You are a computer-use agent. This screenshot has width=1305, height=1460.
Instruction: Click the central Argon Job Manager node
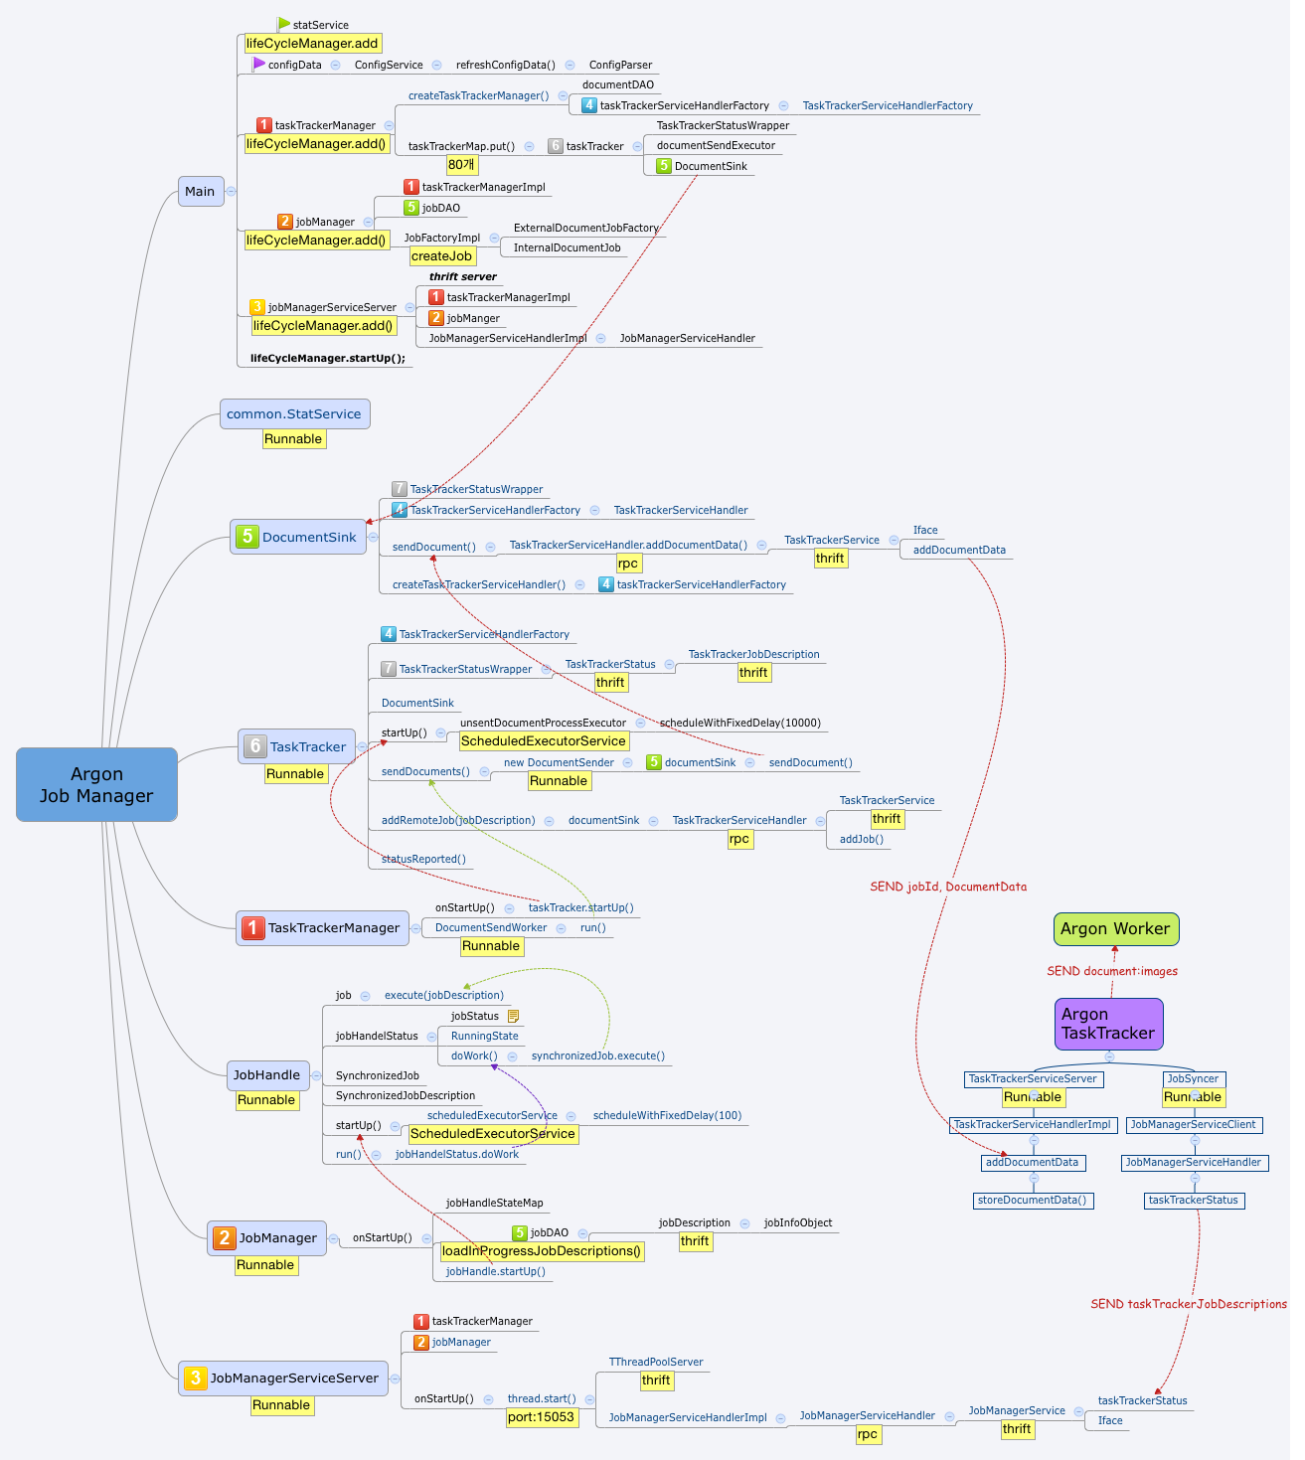(x=96, y=784)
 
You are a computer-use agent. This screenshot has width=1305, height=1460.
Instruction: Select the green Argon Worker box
(x=1115, y=928)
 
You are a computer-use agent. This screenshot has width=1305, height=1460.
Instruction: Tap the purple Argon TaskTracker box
(x=1108, y=1024)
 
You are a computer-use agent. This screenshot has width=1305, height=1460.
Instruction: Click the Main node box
(x=200, y=191)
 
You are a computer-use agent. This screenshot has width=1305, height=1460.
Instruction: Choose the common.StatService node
(x=294, y=413)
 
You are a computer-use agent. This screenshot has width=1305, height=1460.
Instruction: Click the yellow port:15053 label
(x=541, y=1417)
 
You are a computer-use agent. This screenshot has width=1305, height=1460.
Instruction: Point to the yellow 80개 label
(x=461, y=165)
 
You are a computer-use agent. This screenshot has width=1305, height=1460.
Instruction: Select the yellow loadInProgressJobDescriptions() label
(x=542, y=1251)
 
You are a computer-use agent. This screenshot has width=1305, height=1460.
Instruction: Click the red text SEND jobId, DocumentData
(x=948, y=887)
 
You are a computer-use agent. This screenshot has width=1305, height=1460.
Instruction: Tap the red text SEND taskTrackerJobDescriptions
(x=1189, y=1304)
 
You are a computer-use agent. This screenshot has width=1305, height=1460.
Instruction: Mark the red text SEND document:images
(x=1112, y=971)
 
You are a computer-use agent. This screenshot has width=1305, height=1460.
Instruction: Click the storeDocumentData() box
(x=1034, y=1200)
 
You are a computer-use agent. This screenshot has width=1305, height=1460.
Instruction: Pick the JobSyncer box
(x=1193, y=1078)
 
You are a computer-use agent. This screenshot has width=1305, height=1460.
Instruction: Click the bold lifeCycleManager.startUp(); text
(x=328, y=358)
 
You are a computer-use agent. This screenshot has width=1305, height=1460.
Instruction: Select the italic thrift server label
(x=462, y=276)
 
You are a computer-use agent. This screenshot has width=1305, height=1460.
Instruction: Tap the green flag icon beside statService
(x=284, y=24)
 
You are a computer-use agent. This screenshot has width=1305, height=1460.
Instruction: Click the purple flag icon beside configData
(x=259, y=64)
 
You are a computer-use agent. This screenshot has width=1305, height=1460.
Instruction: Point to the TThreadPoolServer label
(x=656, y=1362)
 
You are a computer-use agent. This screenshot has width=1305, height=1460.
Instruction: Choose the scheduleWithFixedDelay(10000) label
(x=740, y=723)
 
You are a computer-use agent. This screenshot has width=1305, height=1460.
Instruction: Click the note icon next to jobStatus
(x=513, y=1016)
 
